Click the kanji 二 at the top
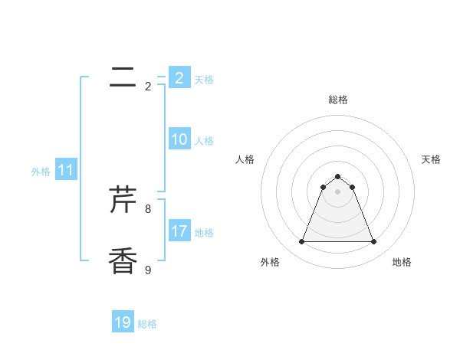123,77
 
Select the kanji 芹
123,200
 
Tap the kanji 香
123,261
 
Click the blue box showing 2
179,78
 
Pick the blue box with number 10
179,139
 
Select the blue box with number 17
179,231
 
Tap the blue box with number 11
66,171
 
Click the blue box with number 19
123,322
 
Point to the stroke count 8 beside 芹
148,208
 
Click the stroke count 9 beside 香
148,270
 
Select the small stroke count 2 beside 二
148,87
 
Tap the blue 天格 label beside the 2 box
204,80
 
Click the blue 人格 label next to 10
204,141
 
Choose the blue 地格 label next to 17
204,233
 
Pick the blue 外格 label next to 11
41,172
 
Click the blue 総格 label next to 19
147,324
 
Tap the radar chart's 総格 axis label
338,100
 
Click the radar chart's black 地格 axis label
402,262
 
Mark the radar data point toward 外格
302,242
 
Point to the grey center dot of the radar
338,191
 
